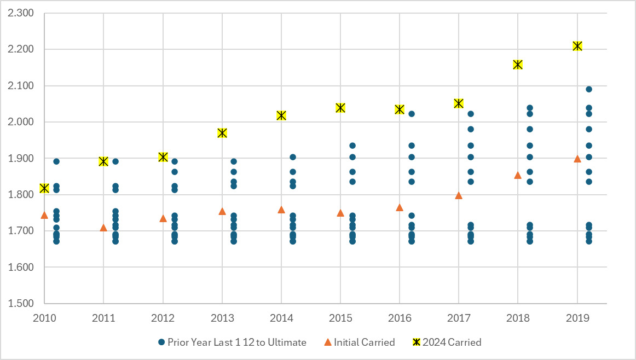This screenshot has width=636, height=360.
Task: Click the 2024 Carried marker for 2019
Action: [577, 46]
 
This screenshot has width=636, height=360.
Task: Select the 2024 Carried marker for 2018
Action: [518, 65]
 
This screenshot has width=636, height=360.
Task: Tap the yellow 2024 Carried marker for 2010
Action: [44, 188]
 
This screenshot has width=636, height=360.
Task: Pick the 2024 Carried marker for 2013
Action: [222, 133]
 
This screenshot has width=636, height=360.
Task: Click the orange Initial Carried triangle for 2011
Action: [103, 228]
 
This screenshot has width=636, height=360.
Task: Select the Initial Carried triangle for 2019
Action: [577, 159]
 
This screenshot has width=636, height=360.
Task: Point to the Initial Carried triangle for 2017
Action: [459, 195]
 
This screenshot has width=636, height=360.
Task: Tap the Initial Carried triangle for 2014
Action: [281, 210]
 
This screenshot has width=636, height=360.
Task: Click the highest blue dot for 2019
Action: [589, 89]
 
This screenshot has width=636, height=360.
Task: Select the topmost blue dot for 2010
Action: [56, 161]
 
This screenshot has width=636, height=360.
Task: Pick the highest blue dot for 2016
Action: [412, 114]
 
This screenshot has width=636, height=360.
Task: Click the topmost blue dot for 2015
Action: [352, 146]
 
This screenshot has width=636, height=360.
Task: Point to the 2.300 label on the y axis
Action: [21, 13]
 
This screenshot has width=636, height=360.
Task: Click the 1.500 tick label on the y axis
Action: [21, 304]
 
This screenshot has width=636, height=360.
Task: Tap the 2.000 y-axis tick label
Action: [21, 122]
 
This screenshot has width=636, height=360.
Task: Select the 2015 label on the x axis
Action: [340, 318]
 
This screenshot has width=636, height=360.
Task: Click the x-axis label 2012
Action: [163, 318]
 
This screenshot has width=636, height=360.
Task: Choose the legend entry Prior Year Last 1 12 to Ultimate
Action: [232, 342]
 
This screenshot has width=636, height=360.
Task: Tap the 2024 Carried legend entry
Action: [447, 342]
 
